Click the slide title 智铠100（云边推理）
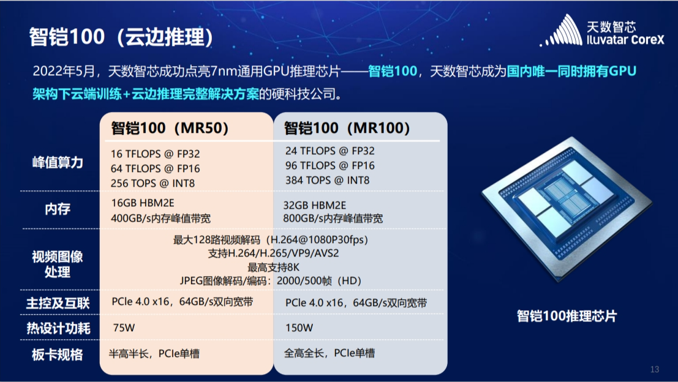coord(121,37)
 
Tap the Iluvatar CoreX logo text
coord(625,40)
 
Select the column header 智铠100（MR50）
coord(170,128)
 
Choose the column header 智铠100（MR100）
coord(347,128)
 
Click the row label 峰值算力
coord(58,162)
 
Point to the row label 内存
coord(58,209)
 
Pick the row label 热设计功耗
coord(58,328)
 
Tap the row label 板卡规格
coord(58,355)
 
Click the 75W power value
coord(124,328)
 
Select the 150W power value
coord(299,328)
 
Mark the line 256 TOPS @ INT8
coord(153,183)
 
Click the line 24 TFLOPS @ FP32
coord(330,151)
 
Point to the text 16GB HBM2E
coord(143,203)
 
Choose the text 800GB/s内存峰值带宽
coord(333,219)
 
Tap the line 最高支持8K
coord(273,267)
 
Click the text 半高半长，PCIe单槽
coord(154,354)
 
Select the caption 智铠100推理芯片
coord(567,316)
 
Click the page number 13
coord(655,370)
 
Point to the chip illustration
coord(567,209)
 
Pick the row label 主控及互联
coord(58,304)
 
